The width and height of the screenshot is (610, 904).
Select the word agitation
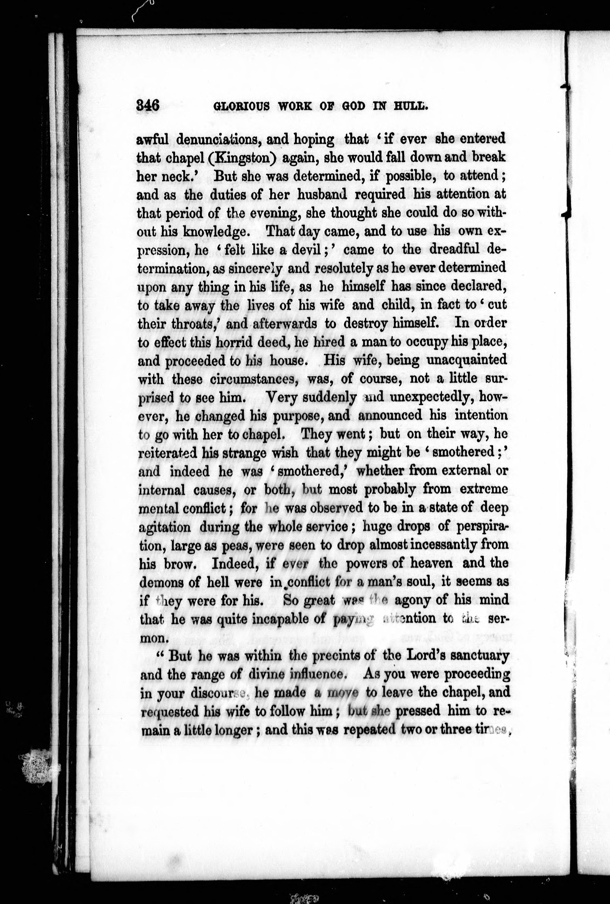[165, 527]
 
